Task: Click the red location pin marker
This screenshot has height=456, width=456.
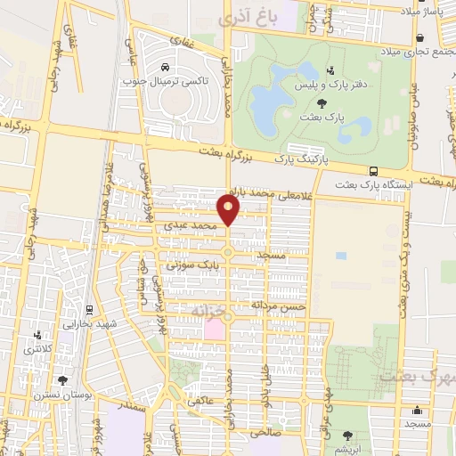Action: tap(230, 210)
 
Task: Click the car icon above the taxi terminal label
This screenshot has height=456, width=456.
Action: tap(166, 68)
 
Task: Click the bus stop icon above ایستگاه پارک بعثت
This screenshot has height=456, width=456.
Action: tap(373, 171)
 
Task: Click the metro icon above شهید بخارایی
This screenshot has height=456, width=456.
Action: tap(89, 311)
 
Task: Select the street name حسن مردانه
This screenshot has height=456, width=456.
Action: tap(279, 305)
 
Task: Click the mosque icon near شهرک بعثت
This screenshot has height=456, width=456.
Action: tap(418, 410)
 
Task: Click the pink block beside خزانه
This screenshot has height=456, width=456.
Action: tap(216, 330)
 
